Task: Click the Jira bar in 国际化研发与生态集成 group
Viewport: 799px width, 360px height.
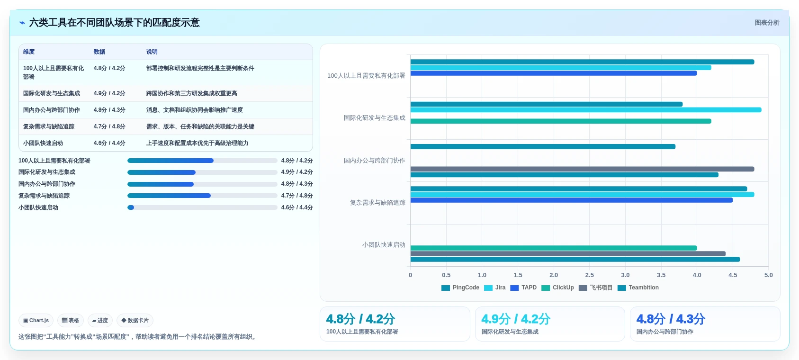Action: pos(586,110)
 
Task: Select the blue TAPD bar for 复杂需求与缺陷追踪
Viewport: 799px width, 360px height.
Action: pos(572,200)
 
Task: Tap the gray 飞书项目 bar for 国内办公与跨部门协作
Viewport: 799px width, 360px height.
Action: pos(582,169)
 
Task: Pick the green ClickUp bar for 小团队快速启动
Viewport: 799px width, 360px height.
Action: pos(554,248)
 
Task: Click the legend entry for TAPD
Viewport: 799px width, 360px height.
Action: pos(523,288)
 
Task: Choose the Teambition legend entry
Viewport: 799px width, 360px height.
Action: pos(638,288)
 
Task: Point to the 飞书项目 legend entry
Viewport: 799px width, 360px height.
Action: pos(595,288)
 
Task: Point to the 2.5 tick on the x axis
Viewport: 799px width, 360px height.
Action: pos(589,275)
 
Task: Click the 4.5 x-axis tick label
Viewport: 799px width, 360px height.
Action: pos(733,275)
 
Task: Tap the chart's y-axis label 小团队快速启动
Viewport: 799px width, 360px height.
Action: pos(384,245)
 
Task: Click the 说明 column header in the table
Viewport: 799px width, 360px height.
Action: pos(152,52)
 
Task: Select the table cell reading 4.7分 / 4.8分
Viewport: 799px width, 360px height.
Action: pos(109,126)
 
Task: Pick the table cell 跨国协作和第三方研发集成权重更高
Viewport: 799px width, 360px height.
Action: pos(191,93)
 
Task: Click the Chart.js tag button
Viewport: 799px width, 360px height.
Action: pos(36,320)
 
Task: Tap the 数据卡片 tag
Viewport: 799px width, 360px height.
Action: pos(135,320)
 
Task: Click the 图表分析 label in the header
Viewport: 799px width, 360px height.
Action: pos(767,23)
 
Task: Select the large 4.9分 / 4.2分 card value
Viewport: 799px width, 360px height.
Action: pos(516,319)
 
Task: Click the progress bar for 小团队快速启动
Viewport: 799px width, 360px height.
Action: pos(202,207)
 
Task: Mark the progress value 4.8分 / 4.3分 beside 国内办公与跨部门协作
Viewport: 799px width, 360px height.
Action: pos(297,184)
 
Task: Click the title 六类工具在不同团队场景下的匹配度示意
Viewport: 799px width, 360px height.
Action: pos(114,23)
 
